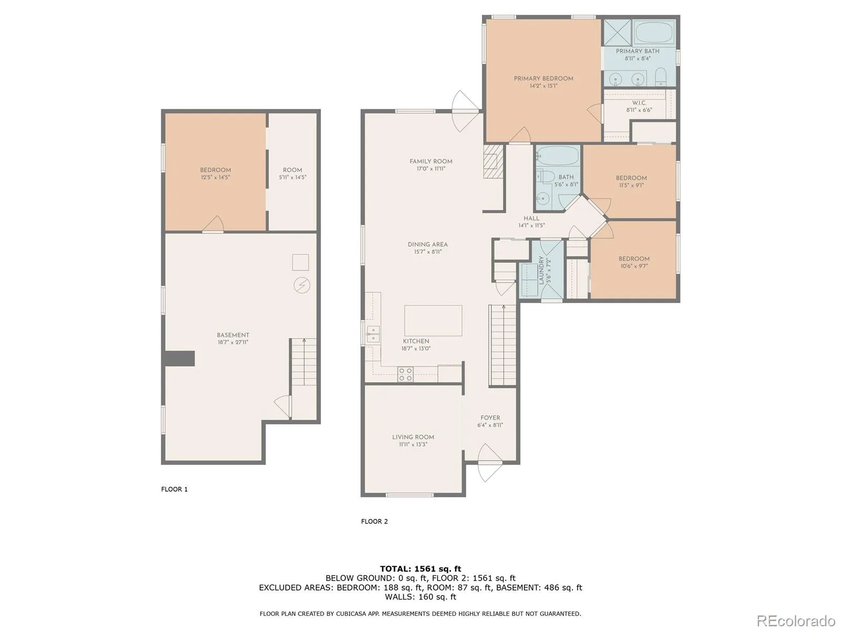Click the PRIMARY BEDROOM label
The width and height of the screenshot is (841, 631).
[543, 78]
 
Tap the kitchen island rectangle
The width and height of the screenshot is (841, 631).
[433, 321]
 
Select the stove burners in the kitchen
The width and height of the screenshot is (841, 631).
[405, 374]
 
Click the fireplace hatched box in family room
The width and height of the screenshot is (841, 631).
[493, 161]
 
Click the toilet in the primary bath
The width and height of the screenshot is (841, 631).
[661, 77]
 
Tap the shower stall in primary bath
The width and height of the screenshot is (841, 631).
[617, 33]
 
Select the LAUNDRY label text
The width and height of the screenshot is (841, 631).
[541, 270]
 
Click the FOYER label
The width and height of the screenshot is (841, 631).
[490, 418]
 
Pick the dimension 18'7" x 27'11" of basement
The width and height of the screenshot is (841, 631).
[233, 342]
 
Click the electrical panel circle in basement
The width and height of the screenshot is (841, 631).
[302, 286]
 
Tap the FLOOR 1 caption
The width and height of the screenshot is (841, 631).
[175, 489]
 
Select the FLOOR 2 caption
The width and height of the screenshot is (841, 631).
[374, 522]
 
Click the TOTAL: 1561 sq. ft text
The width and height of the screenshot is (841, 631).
[420, 569]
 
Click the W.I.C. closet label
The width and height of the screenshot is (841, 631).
[639, 103]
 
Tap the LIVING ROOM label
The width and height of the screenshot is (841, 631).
[413, 437]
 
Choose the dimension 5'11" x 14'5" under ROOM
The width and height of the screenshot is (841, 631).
[293, 177]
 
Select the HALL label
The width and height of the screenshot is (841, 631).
[531, 218]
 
